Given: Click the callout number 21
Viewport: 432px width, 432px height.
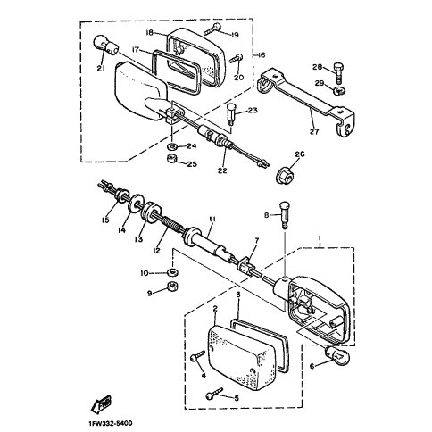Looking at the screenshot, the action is click(101, 69).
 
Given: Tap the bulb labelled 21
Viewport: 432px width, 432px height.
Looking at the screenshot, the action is click(106, 46).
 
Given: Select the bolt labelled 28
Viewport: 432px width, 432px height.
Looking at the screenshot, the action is click(338, 73).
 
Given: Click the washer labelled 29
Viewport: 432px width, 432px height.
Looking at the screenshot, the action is click(339, 90).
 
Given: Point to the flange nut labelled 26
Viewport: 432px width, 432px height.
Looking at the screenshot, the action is click(285, 176).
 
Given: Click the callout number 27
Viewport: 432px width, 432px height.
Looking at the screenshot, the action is click(314, 131).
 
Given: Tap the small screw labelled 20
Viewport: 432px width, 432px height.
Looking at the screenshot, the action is click(237, 58).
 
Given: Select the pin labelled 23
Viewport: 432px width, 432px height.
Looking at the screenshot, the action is click(230, 115).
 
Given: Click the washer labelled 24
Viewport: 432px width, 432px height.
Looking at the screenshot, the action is click(172, 146).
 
